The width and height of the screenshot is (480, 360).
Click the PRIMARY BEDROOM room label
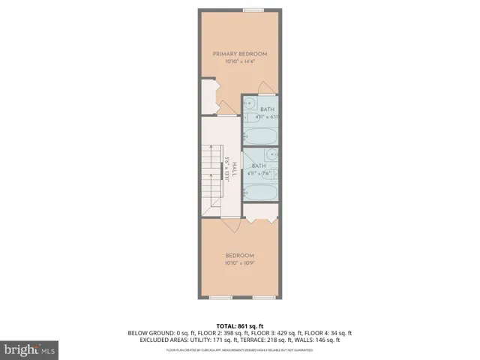pyautogui.click(x=239, y=54)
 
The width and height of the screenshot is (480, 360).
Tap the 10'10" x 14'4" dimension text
pyautogui.click(x=239, y=61)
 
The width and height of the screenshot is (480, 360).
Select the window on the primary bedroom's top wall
pyautogui.click(x=253, y=10)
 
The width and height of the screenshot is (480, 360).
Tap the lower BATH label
pyautogui.click(x=259, y=166)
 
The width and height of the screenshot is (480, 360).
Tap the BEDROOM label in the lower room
pyautogui.click(x=240, y=255)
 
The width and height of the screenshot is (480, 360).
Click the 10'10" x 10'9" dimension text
pyautogui.click(x=240, y=262)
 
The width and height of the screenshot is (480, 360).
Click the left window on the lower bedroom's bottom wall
pyautogui.click(x=220, y=298)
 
